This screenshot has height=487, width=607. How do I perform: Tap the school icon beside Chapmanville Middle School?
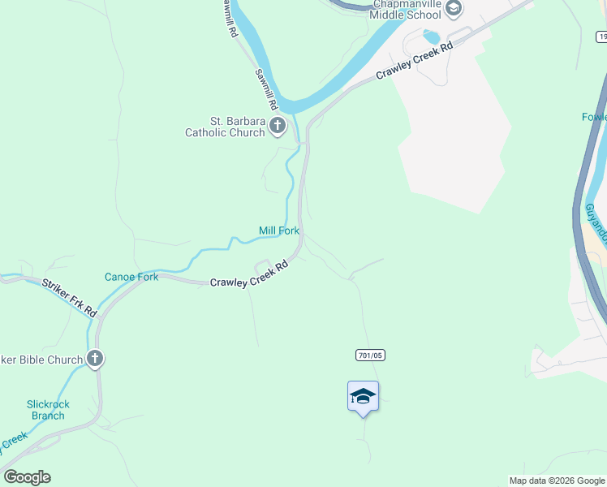tap(454, 9)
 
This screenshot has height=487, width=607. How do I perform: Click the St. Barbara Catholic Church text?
tap(225, 127)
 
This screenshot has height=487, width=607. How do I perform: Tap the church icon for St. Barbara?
tap(278, 126)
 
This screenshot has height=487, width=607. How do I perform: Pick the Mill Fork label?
tap(279, 231)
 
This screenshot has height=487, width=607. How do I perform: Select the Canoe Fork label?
tap(131, 277)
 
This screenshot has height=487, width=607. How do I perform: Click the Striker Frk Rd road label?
tap(70, 296)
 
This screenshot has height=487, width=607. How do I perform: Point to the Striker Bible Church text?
tap(41, 360)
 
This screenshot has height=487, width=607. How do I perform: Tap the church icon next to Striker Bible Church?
tap(95, 358)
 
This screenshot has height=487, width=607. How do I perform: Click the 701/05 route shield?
tap(368, 356)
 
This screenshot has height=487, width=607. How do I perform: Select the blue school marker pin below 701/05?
tap(363, 397)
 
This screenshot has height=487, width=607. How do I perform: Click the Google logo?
tap(27, 477)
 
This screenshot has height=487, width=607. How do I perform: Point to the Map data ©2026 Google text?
tap(557, 481)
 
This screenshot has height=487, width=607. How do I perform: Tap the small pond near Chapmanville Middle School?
tap(431, 37)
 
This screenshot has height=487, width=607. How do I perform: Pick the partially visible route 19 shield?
tap(602, 37)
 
